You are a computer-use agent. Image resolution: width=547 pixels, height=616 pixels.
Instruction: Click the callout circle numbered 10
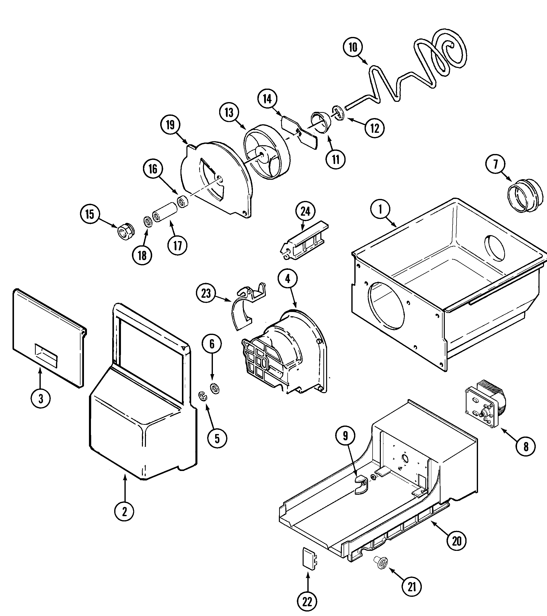pos(353,48)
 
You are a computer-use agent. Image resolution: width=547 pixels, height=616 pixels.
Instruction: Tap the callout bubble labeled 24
pos(305,212)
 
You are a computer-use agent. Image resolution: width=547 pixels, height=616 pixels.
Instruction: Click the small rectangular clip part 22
pos(310,558)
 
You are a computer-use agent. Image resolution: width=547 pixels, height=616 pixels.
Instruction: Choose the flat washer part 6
pos(215,389)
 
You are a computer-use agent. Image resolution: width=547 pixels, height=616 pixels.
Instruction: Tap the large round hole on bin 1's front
pos(387,305)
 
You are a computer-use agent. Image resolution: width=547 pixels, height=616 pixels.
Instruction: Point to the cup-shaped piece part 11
pos(321,121)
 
